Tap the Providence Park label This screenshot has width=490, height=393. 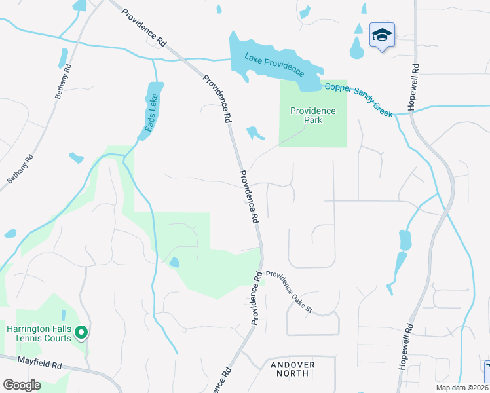coord(313,116)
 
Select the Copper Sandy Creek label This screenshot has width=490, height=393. coord(356,100)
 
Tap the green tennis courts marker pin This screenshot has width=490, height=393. coord(81,333)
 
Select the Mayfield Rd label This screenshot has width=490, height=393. coord(39,361)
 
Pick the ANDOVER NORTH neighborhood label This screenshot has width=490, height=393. coord(290,369)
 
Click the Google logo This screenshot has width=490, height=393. coord(22,384)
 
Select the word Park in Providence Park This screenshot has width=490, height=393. coord(313,121)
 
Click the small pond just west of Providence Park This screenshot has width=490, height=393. coord(254,133)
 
